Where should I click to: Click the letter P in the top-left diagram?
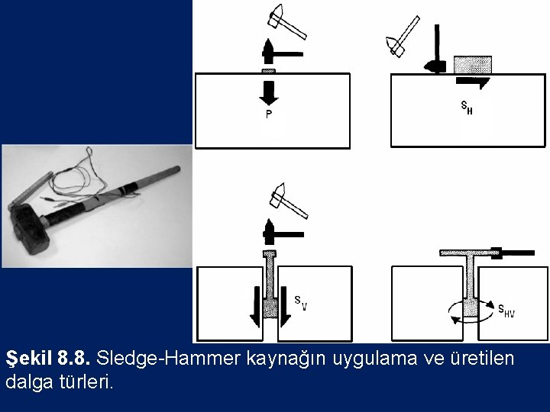click(x=269, y=114)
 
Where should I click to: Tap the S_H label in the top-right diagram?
click(x=467, y=108)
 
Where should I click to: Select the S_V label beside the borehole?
click(x=301, y=303)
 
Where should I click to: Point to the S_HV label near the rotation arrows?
click(x=506, y=311)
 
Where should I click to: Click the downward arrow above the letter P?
click(x=269, y=93)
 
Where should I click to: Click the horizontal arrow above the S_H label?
click(x=473, y=82)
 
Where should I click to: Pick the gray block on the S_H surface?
click(x=473, y=65)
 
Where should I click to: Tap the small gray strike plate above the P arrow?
click(x=269, y=71)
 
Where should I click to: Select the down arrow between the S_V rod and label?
click(x=286, y=307)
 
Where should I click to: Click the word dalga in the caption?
click(x=30, y=382)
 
